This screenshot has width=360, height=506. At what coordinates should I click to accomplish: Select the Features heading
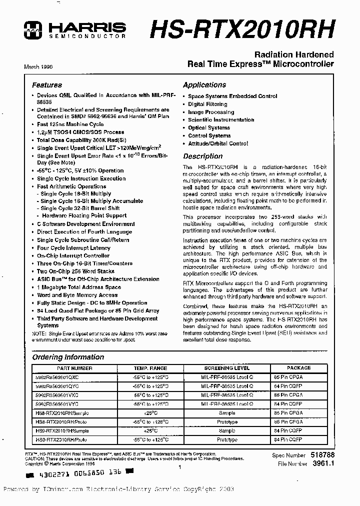(x=47, y=85)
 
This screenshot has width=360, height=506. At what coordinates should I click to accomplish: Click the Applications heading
(x=204, y=85)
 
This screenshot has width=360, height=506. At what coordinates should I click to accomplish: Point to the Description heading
(x=202, y=156)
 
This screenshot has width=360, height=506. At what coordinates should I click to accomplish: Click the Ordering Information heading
(x=68, y=357)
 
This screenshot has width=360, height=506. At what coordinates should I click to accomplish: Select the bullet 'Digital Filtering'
(x=207, y=104)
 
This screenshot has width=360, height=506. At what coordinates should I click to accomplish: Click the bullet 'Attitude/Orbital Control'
(x=218, y=143)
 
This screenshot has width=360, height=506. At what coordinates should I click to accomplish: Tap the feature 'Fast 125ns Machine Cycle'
(x=70, y=124)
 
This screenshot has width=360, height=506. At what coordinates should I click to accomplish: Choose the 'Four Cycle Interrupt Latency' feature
(x=73, y=247)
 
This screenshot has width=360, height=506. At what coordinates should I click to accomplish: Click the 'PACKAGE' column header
(x=298, y=368)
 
